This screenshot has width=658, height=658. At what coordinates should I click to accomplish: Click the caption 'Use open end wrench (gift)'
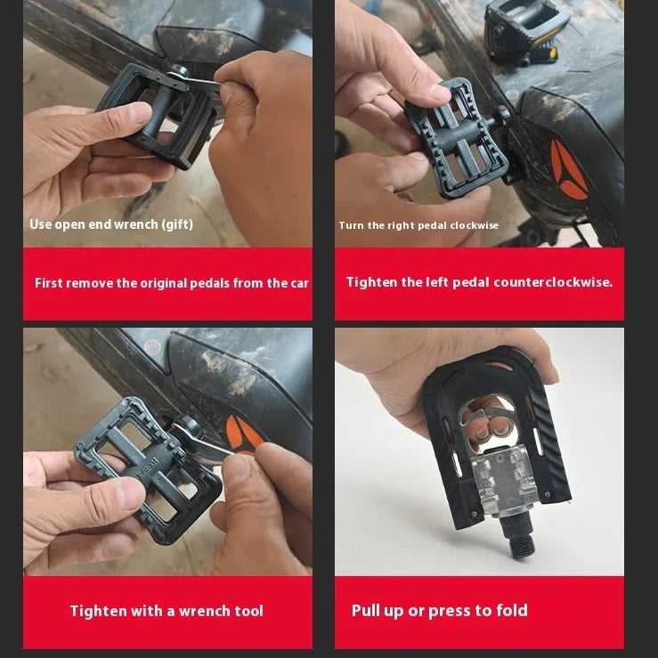(111, 224)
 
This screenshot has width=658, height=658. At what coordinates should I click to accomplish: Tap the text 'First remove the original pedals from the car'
(171, 283)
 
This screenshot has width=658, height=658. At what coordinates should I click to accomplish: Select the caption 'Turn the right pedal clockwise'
(418, 225)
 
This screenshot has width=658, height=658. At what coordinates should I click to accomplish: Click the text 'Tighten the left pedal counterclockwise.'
(479, 282)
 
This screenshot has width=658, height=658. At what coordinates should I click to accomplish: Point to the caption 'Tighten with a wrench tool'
(167, 611)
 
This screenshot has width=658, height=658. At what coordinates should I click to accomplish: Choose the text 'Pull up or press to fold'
(439, 610)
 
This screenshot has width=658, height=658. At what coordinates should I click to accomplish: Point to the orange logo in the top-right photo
(566, 169)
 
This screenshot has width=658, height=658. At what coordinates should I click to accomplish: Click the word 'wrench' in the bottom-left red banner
(203, 611)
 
